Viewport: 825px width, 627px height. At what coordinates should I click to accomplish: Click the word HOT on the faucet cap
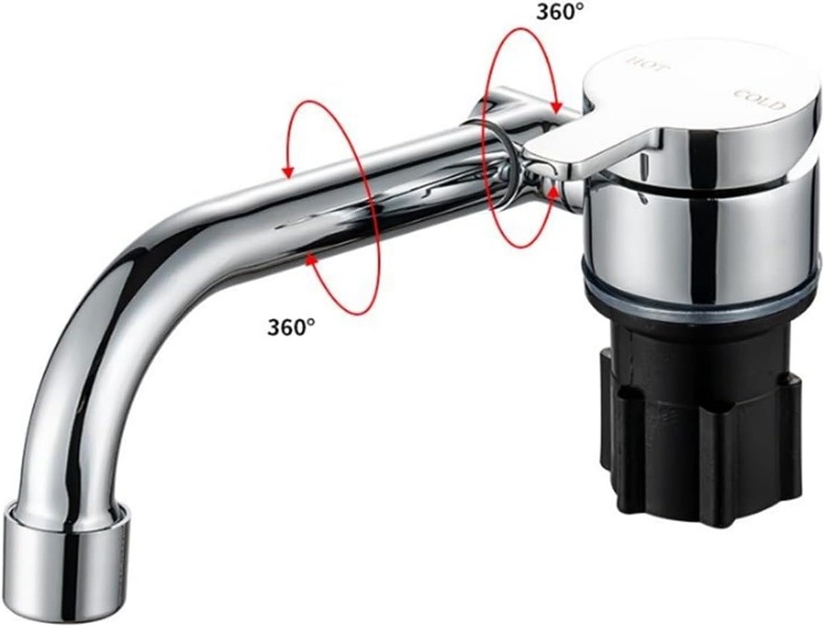pos(648,65)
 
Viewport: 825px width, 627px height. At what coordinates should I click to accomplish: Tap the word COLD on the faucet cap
pos(760,100)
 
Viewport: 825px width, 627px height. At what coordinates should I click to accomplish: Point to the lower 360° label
pos(290,326)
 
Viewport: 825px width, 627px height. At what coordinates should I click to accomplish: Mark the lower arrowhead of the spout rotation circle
pos(311,259)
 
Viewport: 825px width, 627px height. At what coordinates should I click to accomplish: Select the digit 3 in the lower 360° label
pos(274,326)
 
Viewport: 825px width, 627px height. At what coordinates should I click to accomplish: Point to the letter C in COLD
pos(740,93)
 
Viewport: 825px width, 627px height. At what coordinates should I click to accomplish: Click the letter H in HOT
pos(633,62)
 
